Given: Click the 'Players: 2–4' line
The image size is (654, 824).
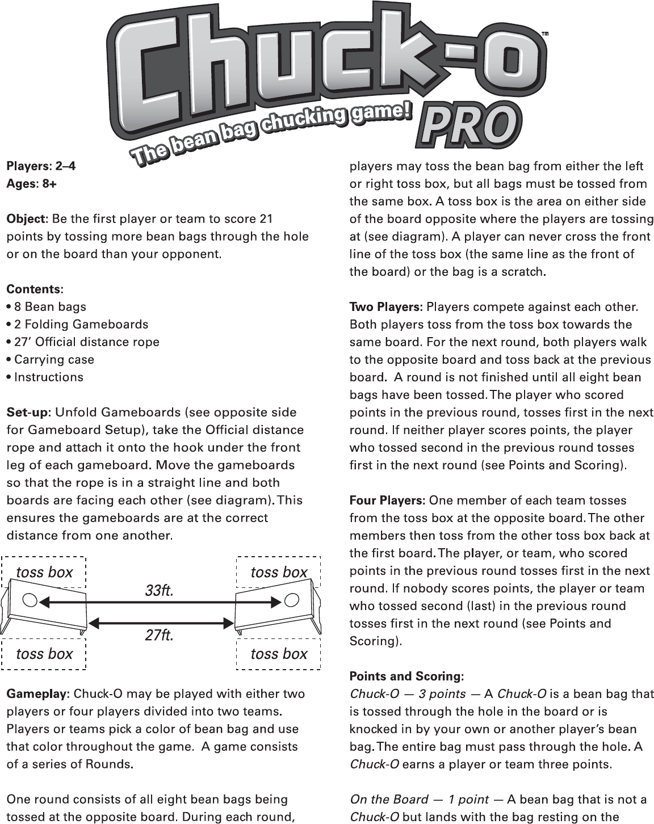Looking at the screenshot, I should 40,166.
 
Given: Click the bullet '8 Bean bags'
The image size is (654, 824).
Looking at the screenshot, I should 47,307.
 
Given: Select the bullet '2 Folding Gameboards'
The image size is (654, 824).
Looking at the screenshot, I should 77,325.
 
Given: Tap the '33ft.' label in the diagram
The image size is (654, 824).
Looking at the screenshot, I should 159,591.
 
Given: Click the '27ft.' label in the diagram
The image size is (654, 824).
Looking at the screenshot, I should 159,636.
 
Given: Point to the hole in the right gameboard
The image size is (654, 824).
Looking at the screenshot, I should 292,599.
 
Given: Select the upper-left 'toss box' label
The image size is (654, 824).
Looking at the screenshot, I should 44,572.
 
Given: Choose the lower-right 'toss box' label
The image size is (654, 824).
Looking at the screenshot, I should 279,654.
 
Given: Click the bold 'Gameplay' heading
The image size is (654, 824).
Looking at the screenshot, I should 36,694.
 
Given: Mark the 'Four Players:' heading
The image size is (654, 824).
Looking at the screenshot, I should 387,501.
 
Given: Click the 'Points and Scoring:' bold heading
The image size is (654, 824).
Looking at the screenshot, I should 406,676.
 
